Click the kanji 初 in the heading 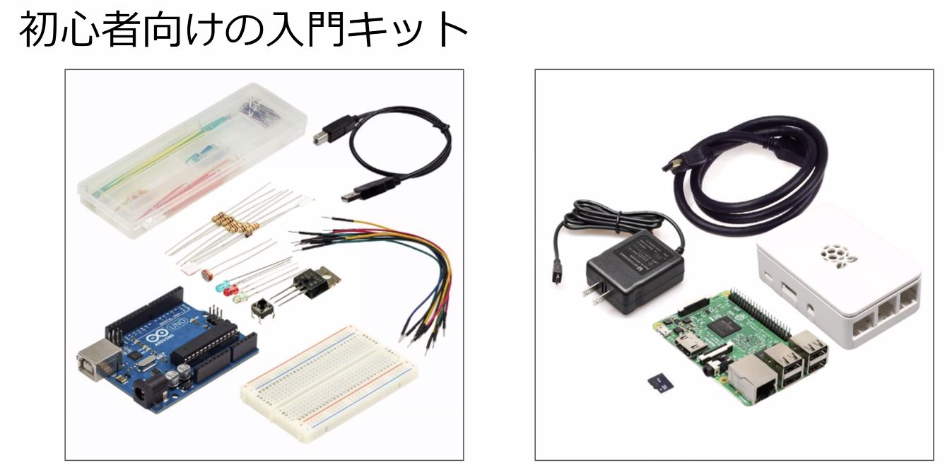click(x=37, y=30)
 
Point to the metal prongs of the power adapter click(x=592, y=298)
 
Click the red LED click(x=228, y=291)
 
